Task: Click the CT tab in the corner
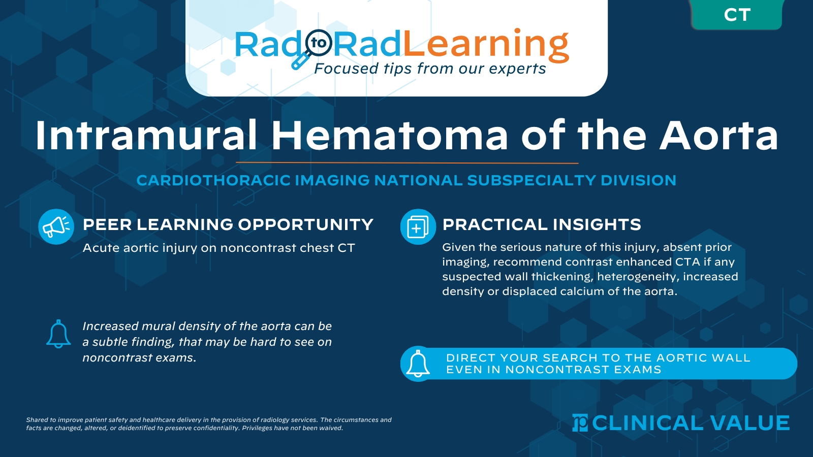(737, 15)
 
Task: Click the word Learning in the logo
(486, 45)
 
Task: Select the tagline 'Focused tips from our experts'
(430, 69)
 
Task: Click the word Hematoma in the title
(389, 136)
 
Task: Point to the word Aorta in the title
(718, 136)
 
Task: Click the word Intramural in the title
(146, 136)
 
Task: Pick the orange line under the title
(407, 163)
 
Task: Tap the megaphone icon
(56, 226)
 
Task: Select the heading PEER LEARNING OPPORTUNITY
(228, 224)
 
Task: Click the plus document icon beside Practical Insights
(418, 226)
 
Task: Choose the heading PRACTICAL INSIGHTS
(542, 224)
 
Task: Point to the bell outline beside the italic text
(58, 334)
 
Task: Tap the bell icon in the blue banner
(418, 364)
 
